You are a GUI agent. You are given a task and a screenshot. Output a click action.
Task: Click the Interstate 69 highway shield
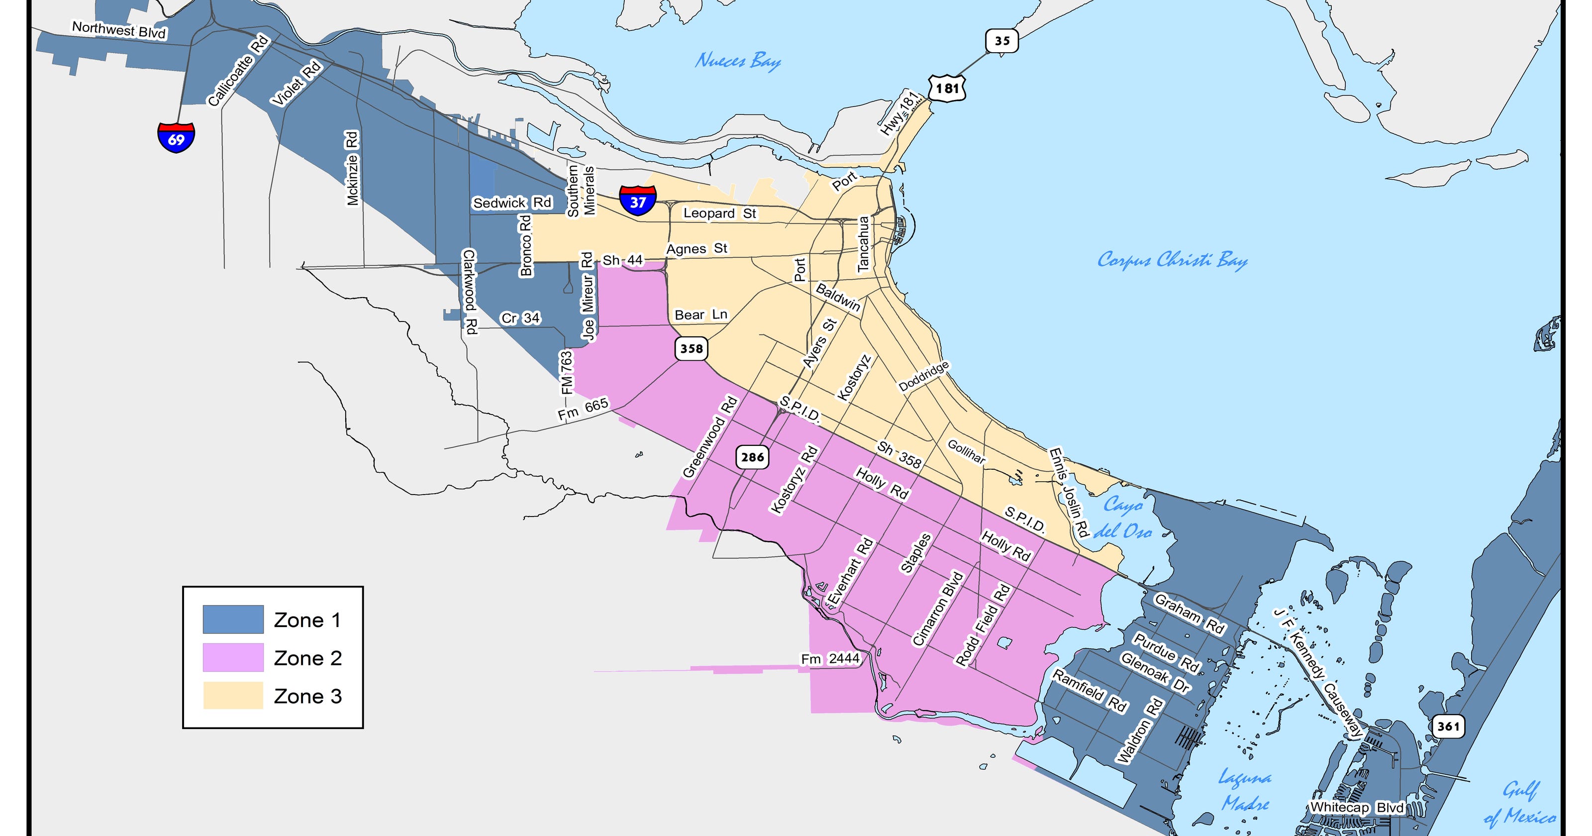(x=176, y=137)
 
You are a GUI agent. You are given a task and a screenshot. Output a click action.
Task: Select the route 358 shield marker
(x=691, y=349)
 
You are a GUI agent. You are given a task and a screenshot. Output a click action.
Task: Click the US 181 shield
(x=946, y=89)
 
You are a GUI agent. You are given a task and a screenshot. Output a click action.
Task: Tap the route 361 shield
(x=1448, y=726)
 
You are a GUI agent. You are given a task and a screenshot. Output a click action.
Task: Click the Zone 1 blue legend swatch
(x=233, y=620)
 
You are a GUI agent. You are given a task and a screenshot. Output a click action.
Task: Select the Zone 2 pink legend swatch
(x=233, y=657)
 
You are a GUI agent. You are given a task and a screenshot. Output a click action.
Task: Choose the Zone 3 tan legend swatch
(x=233, y=696)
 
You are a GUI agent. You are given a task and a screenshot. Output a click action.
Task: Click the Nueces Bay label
(x=738, y=61)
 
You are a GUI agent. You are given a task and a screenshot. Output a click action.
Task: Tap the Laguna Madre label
(x=1245, y=790)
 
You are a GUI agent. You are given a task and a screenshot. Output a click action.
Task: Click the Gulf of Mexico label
(x=1520, y=804)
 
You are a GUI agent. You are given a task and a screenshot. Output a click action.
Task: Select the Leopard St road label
(x=719, y=213)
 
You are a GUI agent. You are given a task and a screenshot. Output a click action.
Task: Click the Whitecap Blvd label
(x=1357, y=808)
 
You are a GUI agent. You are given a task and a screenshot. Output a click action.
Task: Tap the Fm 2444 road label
(x=830, y=659)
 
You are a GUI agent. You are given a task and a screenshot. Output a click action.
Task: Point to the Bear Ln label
(x=701, y=314)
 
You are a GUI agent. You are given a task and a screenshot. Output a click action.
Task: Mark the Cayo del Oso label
(x=1123, y=518)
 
